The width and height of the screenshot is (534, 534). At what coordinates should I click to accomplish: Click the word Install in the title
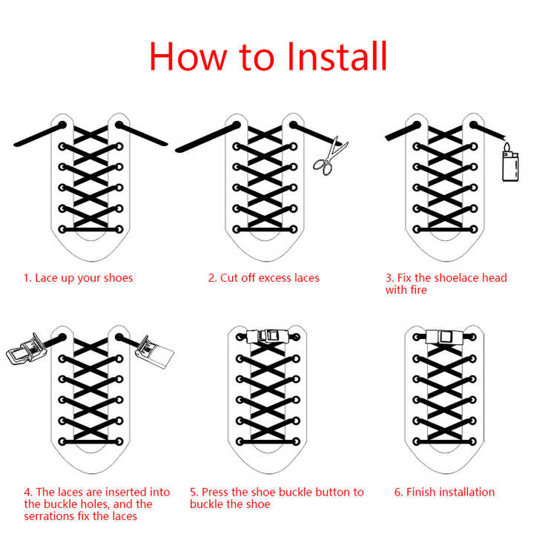[x=337, y=56]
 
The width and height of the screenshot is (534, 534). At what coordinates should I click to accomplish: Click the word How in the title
[x=188, y=56]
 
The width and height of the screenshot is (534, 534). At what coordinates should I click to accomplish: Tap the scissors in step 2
[x=329, y=156]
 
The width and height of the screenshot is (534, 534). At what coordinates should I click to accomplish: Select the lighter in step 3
[x=510, y=162]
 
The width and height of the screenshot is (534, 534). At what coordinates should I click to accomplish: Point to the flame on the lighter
[x=507, y=147]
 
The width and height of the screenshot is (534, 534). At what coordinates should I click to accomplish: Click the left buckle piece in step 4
[x=26, y=350]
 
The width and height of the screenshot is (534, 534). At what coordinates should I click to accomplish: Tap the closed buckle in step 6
[x=444, y=337]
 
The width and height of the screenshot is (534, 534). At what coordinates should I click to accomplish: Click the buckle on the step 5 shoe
[x=267, y=337]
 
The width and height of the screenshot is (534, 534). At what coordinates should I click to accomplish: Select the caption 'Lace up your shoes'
[x=84, y=278]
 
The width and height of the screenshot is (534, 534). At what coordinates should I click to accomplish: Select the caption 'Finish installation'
[x=450, y=492]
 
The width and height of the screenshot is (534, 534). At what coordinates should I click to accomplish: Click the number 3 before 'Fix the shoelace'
[x=389, y=278]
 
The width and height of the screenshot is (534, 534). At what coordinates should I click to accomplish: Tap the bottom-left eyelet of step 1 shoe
[x=62, y=229]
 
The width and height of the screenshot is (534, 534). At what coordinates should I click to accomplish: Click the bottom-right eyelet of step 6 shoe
[x=472, y=442]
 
